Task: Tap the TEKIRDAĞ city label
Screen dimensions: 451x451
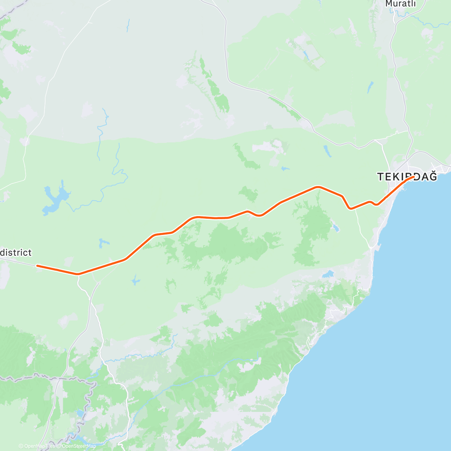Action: pyautogui.click(x=407, y=177)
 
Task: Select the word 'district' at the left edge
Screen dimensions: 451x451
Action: pyautogui.click(x=16, y=252)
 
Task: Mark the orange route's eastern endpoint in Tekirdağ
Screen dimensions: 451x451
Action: pyautogui.click(x=413, y=177)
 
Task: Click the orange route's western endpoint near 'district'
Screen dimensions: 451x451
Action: pyautogui.click(x=37, y=266)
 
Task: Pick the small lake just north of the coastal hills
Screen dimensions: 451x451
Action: pyautogui.click(x=328, y=274)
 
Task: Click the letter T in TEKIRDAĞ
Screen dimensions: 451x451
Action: pyautogui.click(x=380, y=177)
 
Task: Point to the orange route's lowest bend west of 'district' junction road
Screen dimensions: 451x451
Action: pyautogui.click(x=77, y=274)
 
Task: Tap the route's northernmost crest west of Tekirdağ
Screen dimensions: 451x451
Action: pyautogui.click(x=318, y=186)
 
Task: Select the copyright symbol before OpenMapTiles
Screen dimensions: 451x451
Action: pyautogui.click(x=21, y=446)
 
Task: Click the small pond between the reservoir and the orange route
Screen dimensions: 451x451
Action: pyautogui.click(x=102, y=244)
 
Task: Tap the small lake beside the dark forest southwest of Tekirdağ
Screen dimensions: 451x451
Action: pyautogui.click(x=335, y=228)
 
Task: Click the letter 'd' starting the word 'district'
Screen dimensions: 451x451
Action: pyautogui.click(x=3, y=252)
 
